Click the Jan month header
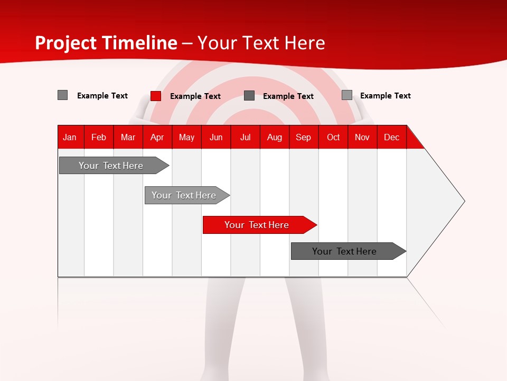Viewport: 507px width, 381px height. (70, 138)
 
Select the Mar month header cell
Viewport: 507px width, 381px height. (128, 138)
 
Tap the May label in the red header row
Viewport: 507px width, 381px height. (186, 138)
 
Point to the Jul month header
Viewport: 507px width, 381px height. (245, 138)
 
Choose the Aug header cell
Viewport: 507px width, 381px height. (274, 138)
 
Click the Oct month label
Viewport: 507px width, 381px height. (333, 138)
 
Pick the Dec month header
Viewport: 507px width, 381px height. (391, 138)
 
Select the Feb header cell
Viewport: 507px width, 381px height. (99, 138)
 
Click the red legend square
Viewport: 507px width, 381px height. (156, 96)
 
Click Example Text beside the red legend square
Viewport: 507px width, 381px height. (195, 96)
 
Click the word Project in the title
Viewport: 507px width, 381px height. (65, 43)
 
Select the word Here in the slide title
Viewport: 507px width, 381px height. (305, 43)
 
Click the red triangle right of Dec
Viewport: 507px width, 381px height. (414, 141)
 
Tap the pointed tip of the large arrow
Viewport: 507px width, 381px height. (463, 201)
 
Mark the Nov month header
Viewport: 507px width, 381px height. (362, 138)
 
